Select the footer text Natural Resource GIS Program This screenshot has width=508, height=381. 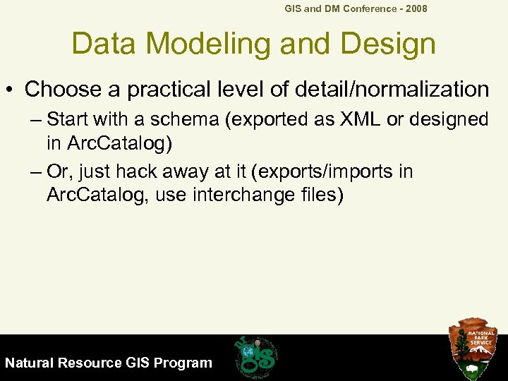108,363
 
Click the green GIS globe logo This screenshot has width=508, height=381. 256,356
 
